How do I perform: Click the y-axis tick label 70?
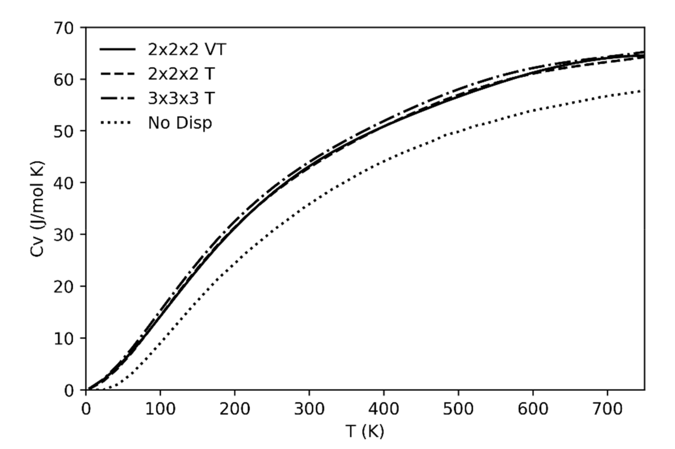tap(63, 29)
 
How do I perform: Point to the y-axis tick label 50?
tap(63, 132)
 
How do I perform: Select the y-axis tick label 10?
tap(63, 339)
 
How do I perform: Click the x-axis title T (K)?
tap(365, 431)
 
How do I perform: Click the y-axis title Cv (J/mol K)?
tap(37, 209)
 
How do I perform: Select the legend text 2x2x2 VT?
tap(187, 50)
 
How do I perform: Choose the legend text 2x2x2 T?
tap(181, 74)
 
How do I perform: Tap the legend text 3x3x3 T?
tap(181, 99)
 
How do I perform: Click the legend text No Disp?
tap(180, 123)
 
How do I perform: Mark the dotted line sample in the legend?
tap(116, 123)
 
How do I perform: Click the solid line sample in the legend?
tap(118, 49)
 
